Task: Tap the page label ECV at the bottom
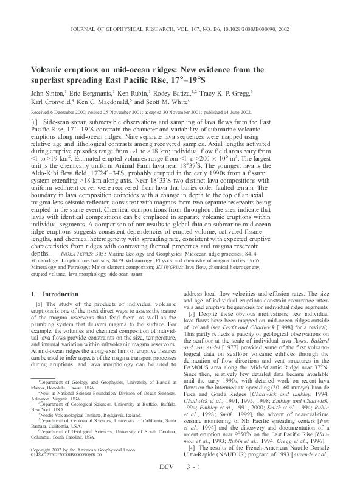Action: point(159,482)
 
